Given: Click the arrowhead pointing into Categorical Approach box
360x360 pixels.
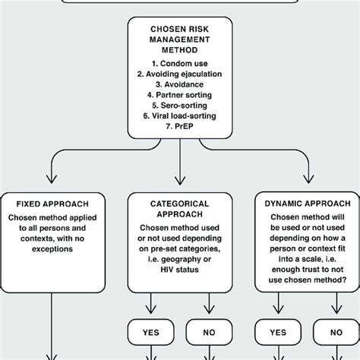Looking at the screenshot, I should [x=180, y=180].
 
